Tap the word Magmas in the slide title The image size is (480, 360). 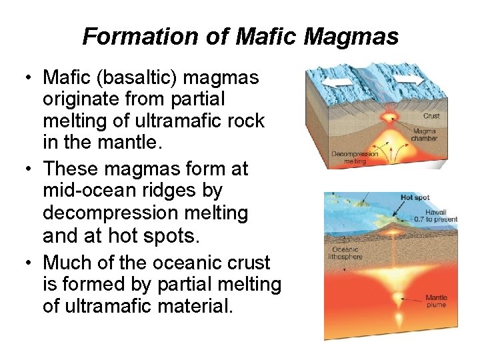click(351, 37)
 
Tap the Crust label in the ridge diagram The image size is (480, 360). click(431, 115)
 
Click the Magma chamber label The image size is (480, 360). click(424, 135)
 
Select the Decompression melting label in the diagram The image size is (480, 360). click(355, 157)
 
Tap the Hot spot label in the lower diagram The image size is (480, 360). click(415, 198)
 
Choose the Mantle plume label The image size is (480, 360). click(437, 301)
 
